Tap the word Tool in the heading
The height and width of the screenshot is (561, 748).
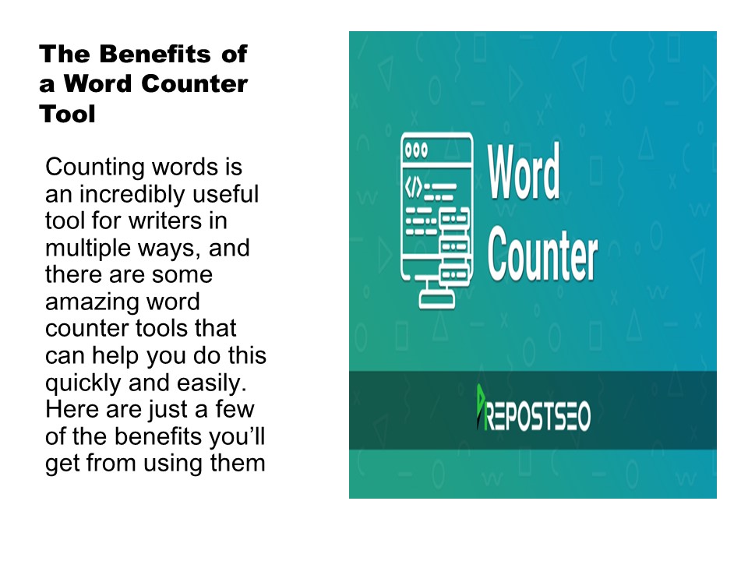point(68,115)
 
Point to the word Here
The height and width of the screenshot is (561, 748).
point(70,408)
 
